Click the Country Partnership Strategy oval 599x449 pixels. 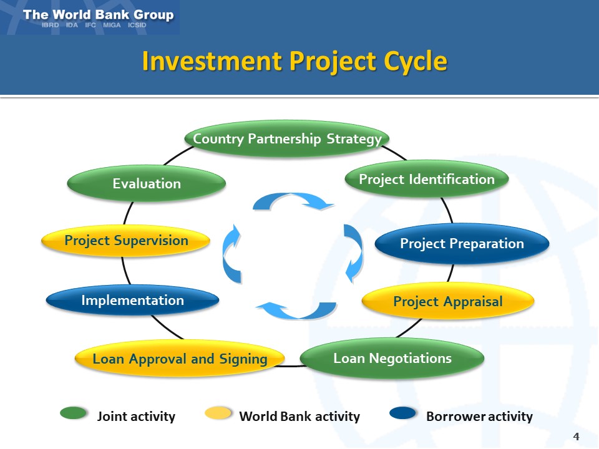click(x=287, y=138)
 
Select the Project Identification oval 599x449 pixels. click(x=427, y=180)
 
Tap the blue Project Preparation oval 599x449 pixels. click(x=462, y=243)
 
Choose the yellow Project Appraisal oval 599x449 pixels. click(x=448, y=302)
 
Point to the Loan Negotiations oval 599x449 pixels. click(x=392, y=358)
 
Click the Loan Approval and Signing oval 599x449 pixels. click(x=180, y=359)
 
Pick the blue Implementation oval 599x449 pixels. click(x=132, y=300)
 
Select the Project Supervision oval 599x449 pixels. click(x=126, y=241)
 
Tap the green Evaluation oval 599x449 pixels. click(x=147, y=183)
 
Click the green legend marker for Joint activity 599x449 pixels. click(x=74, y=413)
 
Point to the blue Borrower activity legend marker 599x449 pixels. click(x=402, y=413)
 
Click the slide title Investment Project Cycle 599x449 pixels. click(x=295, y=61)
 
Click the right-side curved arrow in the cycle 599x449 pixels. click(x=353, y=253)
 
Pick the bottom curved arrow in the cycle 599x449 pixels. click(x=297, y=309)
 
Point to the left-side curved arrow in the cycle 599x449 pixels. click(x=231, y=253)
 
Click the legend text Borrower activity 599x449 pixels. click(x=479, y=416)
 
